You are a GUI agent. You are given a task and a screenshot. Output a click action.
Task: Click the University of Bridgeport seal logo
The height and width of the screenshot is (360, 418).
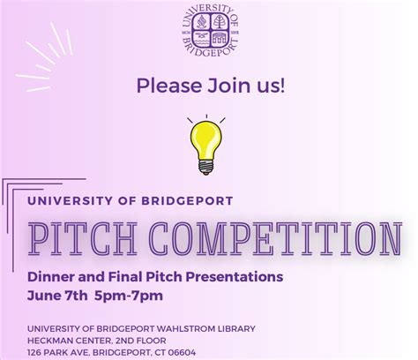point(209,32)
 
